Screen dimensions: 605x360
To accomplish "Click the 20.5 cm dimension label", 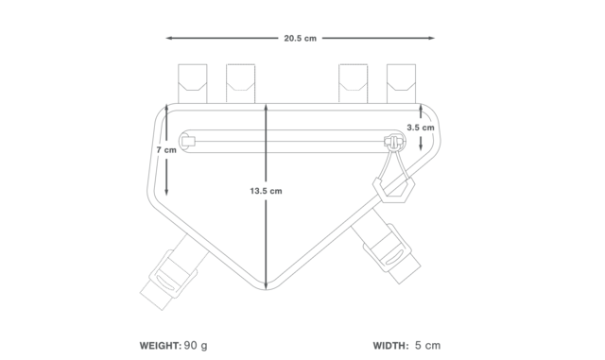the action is [x=301, y=38].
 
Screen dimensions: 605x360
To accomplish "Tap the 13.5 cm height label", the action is [x=266, y=191].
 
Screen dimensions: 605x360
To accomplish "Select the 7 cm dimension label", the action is [x=166, y=150].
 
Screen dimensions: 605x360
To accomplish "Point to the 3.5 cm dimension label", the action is [x=420, y=128].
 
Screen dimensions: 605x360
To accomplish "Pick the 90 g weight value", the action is [x=196, y=346].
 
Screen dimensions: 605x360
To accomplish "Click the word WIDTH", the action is [x=390, y=346].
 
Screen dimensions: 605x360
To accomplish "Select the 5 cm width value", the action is [x=428, y=346].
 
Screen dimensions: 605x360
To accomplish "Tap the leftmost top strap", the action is [x=193, y=84].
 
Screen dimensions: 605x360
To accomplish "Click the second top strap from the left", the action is [x=240, y=84].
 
